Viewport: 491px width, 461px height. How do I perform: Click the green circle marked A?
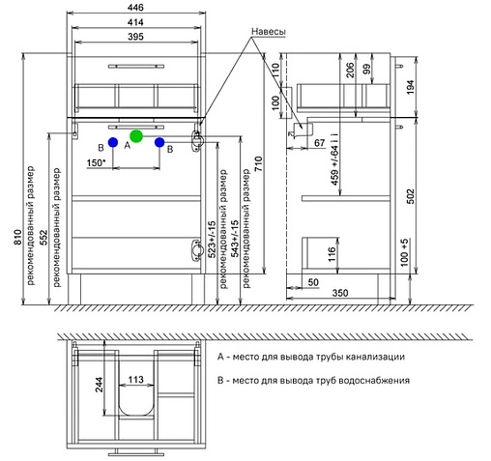(x=136, y=136)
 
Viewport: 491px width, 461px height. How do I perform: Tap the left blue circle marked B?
(x=113, y=142)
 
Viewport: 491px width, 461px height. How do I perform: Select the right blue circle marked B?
(x=159, y=142)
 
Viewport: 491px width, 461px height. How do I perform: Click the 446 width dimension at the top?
(x=135, y=8)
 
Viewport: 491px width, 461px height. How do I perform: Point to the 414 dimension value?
(x=135, y=22)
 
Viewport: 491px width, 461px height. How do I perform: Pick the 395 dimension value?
(x=135, y=37)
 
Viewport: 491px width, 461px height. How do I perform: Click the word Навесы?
(x=269, y=32)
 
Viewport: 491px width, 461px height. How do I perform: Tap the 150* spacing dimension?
(x=96, y=162)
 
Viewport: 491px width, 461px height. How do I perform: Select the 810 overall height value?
(x=17, y=237)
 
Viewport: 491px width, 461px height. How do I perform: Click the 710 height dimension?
(x=259, y=164)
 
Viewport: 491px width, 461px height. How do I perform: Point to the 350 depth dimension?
(x=340, y=293)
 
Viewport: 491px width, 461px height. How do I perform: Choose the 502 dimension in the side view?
(x=411, y=196)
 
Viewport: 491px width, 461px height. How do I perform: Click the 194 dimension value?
(x=411, y=87)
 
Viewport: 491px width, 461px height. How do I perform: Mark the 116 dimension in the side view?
(x=332, y=254)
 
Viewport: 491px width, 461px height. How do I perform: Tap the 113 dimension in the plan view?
(x=135, y=380)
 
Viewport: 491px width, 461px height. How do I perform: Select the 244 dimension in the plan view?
(x=99, y=385)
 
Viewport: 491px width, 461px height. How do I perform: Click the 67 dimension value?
(x=319, y=143)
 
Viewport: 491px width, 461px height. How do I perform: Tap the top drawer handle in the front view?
(x=136, y=67)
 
